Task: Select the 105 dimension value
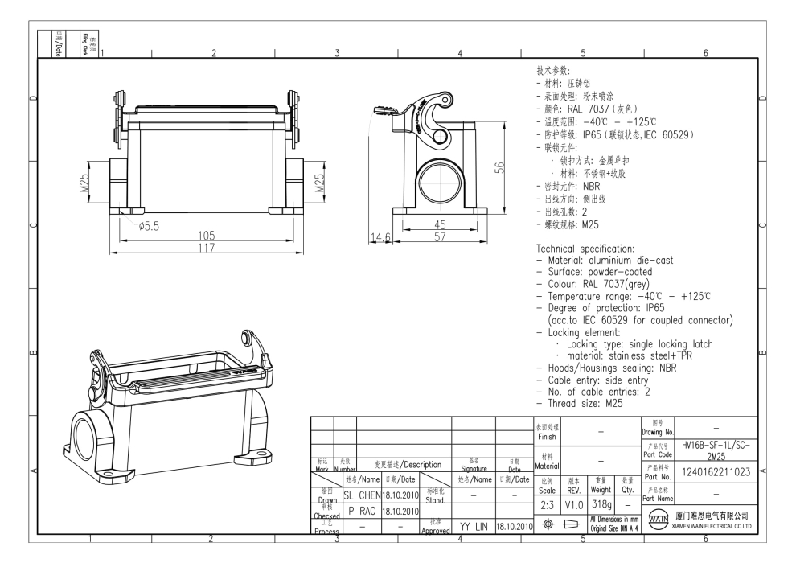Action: [x=207, y=236]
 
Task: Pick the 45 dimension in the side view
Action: [x=440, y=224]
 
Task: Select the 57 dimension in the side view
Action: [x=440, y=238]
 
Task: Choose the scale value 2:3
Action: [x=547, y=503]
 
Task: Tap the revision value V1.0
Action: [x=573, y=503]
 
